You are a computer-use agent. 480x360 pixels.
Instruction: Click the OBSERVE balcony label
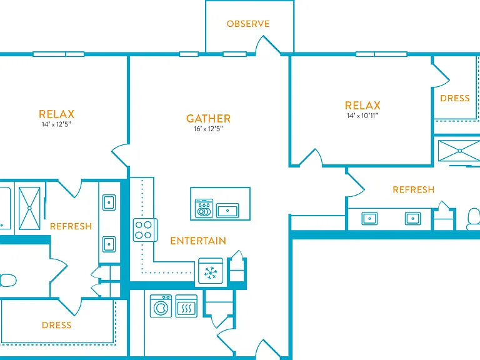coord(248,24)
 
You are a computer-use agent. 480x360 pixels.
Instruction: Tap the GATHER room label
coord(208,119)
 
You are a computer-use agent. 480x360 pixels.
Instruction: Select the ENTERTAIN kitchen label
coord(198,241)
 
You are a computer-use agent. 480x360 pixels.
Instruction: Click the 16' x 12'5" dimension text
coord(208,129)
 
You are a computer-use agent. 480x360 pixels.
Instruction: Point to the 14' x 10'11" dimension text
coord(362,116)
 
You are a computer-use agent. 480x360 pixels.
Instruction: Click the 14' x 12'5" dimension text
coord(56,124)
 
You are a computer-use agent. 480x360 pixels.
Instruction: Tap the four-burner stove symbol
coord(145,230)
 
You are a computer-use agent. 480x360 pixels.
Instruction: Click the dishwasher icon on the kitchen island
coord(204,209)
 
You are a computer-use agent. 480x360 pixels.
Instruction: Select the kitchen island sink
coord(227,211)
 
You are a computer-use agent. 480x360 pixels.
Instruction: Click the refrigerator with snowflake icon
coord(211,271)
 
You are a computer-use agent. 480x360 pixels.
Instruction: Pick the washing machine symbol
coord(161,306)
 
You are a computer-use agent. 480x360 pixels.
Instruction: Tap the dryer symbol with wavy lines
coord(186,306)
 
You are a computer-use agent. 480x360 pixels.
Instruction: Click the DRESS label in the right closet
coord(454,98)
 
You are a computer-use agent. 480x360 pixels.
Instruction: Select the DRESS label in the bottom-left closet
coord(56,325)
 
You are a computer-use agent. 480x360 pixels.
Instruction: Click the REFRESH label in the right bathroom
coord(413,190)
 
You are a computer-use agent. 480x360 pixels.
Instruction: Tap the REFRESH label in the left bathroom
coord(71,226)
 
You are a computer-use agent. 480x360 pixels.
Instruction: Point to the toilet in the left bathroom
coord(7,280)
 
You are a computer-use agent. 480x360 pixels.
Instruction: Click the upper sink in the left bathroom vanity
coord(109,202)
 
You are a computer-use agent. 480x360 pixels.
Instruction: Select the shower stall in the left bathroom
coord(29,208)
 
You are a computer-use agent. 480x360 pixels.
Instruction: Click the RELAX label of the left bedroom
coord(56,114)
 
